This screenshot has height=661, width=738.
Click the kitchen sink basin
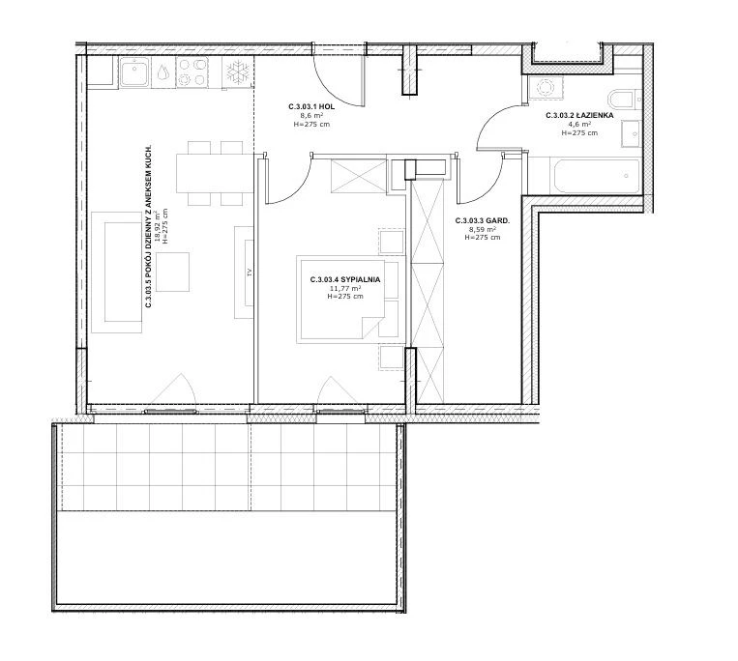tap(135, 72)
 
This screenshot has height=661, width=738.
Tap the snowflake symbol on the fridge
tap(237, 72)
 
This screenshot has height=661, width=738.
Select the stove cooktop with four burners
tap(192, 72)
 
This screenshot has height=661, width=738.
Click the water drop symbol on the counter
tap(163, 72)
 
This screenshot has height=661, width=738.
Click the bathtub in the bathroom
tap(595, 176)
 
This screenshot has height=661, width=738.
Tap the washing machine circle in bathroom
tap(546, 87)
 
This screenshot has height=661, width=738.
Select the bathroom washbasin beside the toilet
tap(632, 134)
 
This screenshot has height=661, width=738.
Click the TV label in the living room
tap(250, 272)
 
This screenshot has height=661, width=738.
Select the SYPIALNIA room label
tap(361, 279)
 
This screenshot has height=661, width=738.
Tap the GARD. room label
tap(499, 220)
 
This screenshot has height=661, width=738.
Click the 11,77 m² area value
tap(345, 288)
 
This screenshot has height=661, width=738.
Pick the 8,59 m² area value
tap(483, 229)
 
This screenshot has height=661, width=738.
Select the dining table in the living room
tap(215, 173)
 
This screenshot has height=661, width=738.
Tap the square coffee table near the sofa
tap(173, 272)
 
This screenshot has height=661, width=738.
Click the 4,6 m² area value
tap(580, 124)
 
